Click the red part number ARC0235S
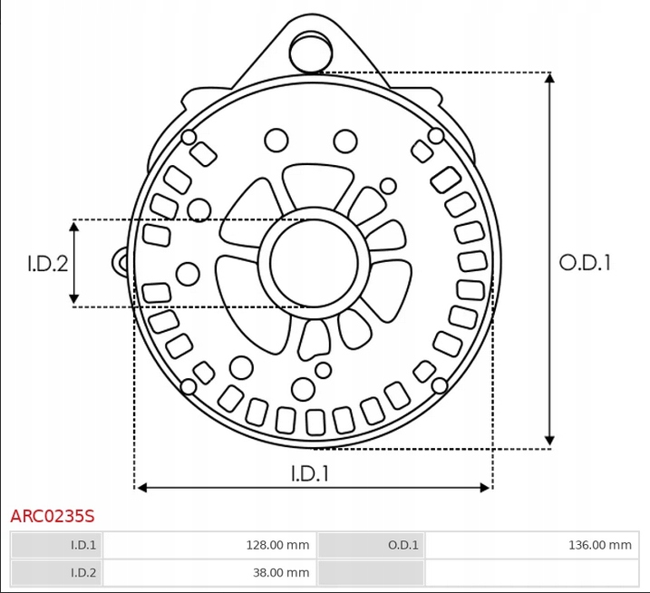53,516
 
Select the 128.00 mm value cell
209,545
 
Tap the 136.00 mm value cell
532,545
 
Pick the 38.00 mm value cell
209,573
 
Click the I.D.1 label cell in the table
56,545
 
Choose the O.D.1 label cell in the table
371,545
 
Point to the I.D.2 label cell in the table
56,573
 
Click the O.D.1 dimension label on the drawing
585,263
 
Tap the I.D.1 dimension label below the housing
310,473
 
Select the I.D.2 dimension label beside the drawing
48,264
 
